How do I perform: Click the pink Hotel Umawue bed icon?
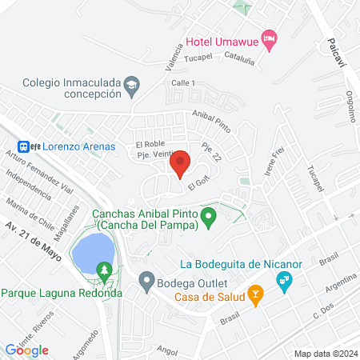[270, 38]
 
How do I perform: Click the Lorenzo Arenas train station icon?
[26, 146]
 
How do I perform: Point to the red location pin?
[180, 163]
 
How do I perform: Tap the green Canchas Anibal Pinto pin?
[209, 217]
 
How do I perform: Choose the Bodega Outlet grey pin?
[146, 282]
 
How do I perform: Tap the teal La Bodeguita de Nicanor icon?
[282, 281]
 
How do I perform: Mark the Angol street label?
[166, 350]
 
